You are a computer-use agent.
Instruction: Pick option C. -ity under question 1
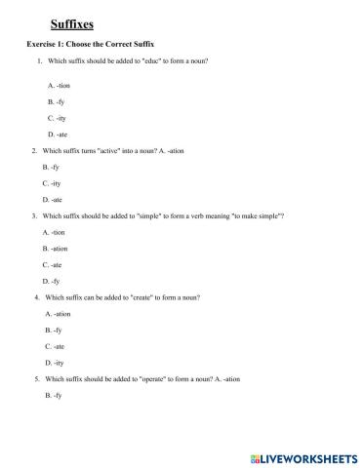pos(56,117)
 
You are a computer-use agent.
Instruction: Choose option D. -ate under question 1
pos(56,134)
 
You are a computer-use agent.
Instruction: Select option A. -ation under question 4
pos(59,314)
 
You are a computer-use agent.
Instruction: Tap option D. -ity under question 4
pos(56,362)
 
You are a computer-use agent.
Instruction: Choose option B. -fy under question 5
pos(54,395)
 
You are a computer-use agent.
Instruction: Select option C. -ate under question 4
pos(56,346)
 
